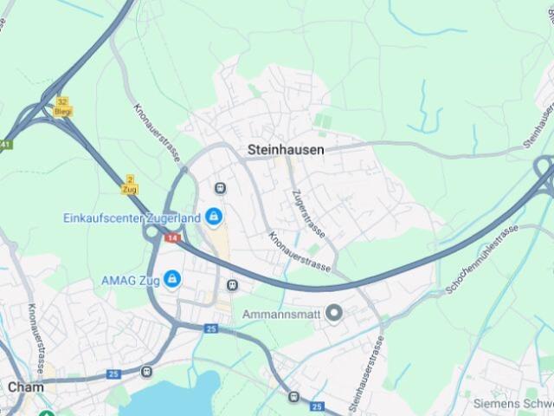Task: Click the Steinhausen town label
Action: (x=286, y=150)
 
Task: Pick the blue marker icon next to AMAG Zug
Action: (x=173, y=279)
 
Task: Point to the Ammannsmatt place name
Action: (x=282, y=314)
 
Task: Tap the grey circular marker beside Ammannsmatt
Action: (x=334, y=314)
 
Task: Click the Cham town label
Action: (x=25, y=387)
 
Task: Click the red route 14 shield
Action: (x=173, y=237)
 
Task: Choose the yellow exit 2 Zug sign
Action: (x=130, y=184)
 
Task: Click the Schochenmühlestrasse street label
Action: (x=481, y=257)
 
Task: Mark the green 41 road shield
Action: (x=5, y=144)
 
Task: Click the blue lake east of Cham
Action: (x=173, y=397)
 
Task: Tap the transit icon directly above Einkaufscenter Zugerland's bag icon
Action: (x=220, y=188)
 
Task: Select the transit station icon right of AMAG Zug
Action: (x=232, y=285)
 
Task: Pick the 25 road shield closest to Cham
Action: (x=113, y=374)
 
